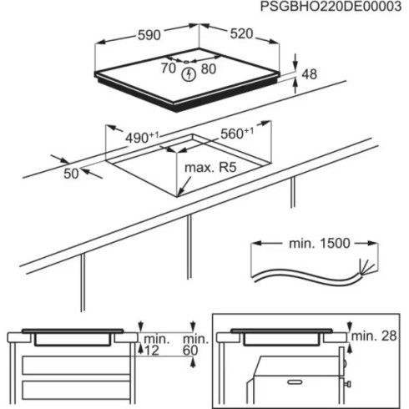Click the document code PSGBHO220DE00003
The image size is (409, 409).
coord(331,8)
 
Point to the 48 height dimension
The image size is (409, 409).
coord(309,75)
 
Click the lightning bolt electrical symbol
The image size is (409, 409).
coord(189,73)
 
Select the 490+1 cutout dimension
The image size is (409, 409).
coord(143,136)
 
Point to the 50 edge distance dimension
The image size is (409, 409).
coord(71,173)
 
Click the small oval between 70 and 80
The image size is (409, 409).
coord(189,61)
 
